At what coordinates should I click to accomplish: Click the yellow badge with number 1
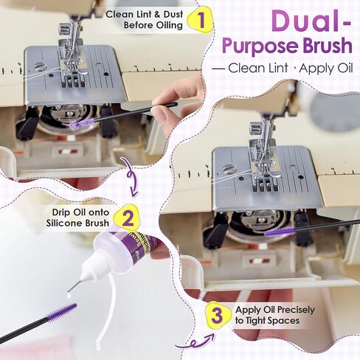coord(200,20)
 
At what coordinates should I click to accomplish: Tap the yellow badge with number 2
coord(127,218)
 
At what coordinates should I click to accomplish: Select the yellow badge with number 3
coord(218,315)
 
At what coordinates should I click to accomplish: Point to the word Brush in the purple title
coord(328,45)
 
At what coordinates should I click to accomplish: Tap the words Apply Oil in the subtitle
coord(326,69)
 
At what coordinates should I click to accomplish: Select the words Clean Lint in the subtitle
coord(258,68)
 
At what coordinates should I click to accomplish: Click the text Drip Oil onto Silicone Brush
coord(77,218)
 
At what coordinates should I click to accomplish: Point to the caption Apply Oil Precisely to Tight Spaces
coord(275,315)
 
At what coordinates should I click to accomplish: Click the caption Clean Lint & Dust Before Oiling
coord(145,20)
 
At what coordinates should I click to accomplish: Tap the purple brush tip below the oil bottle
coord(62,312)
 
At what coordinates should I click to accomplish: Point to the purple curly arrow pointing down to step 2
coord(131,176)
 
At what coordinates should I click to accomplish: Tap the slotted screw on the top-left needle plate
coord(40,66)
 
